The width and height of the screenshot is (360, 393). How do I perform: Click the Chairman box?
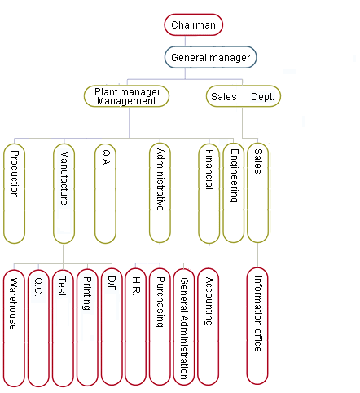tap(193, 24)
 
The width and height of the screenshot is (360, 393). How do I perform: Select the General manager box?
tap(210, 57)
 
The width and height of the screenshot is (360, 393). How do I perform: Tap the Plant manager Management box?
tap(126, 96)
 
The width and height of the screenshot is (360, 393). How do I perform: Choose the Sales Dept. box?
tap(244, 96)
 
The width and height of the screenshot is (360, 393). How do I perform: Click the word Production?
tap(15, 174)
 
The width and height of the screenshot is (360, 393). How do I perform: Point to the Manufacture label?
tap(64, 178)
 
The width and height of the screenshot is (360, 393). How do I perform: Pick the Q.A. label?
tap(106, 158)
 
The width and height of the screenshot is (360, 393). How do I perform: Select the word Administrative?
tap(160, 179)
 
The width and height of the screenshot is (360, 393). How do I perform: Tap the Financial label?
tap(209, 170)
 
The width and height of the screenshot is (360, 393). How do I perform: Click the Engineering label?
tap(234, 175)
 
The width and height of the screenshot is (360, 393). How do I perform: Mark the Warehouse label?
tap(13, 303)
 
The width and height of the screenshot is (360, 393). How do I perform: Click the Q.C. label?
tap(38, 287)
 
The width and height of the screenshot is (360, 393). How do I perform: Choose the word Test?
tap(62, 286)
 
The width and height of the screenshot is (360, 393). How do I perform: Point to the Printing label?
tap(87, 294)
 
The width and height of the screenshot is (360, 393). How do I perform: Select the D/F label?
tap(112, 284)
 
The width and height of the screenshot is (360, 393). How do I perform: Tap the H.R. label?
tap(136, 286)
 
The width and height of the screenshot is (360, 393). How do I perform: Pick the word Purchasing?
tap(160, 302)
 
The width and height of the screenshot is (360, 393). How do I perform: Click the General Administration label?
tap(184, 329)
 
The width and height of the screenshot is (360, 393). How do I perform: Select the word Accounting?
tap(209, 301)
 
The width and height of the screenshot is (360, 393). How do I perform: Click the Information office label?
tap(258, 314)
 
